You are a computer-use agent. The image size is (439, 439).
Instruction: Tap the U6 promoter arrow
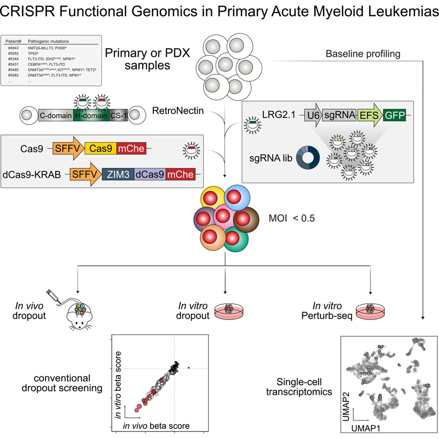pos(313,116)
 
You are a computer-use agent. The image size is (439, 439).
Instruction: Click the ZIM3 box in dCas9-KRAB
pos(117,175)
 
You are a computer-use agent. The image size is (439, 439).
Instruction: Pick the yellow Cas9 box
pos(99,149)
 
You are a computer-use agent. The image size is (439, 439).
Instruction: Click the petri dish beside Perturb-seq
pos(370,311)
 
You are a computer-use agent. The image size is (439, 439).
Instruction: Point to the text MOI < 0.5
pos(285,218)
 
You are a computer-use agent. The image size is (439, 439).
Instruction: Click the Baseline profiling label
pos(363,54)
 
